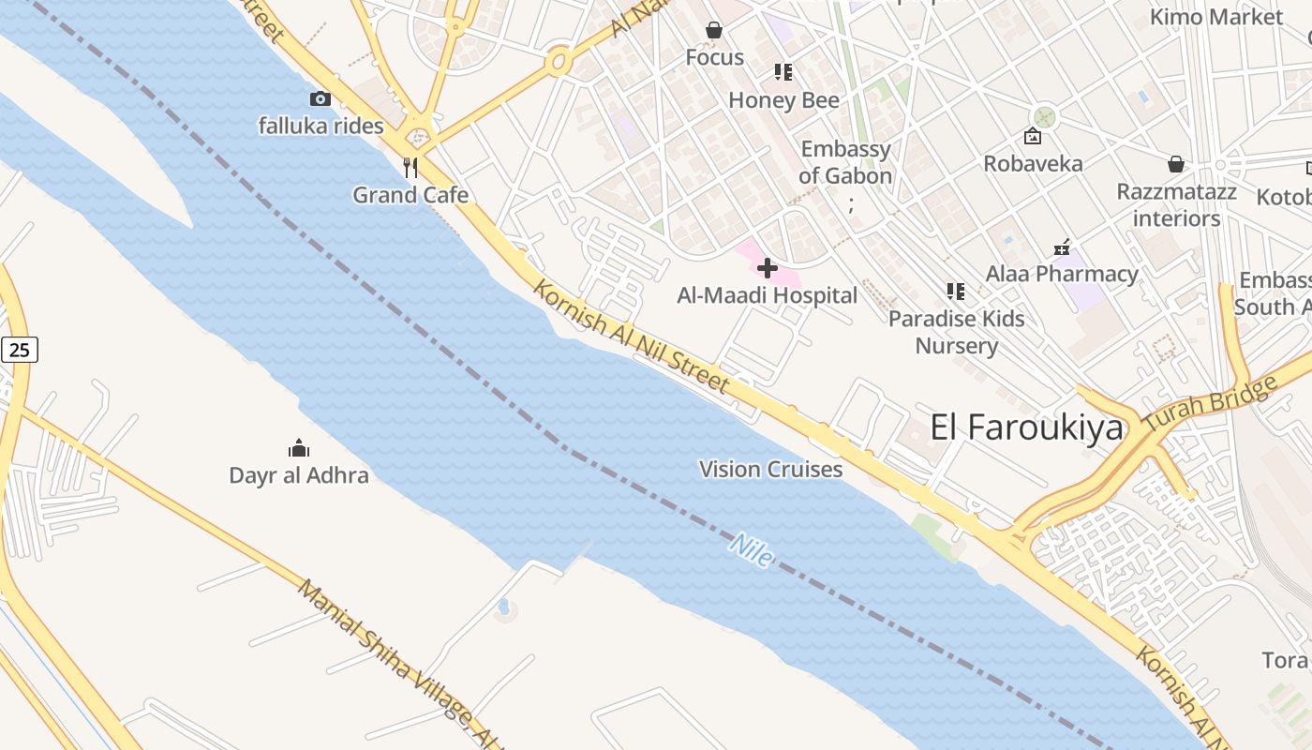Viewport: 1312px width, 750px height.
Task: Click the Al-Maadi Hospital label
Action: (x=767, y=295)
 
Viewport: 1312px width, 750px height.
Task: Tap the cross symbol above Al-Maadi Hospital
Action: (x=767, y=269)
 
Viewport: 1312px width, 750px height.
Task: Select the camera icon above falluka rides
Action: (x=321, y=98)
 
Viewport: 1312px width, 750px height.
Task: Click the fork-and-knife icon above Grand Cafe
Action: (x=410, y=168)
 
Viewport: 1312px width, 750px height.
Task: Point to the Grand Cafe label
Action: (x=410, y=195)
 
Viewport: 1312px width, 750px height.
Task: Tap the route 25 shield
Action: (x=20, y=351)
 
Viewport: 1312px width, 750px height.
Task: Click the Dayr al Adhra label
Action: (x=299, y=475)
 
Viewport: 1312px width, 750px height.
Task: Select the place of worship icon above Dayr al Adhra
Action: (x=299, y=448)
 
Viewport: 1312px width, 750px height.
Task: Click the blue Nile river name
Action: (x=752, y=550)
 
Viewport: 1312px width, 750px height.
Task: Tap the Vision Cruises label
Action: (x=770, y=469)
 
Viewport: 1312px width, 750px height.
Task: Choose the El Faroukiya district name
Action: (x=1026, y=427)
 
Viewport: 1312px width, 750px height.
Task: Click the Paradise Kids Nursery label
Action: (x=956, y=332)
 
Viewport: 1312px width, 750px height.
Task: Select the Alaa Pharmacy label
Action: (x=1062, y=274)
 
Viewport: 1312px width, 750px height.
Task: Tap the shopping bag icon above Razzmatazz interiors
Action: (x=1176, y=165)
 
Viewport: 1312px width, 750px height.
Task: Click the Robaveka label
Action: (x=1033, y=163)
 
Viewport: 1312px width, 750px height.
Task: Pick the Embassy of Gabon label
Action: (x=845, y=162)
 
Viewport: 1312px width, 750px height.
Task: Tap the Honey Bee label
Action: (x=783, y=100)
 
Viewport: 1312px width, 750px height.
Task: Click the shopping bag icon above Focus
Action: (x=714, y=31)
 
